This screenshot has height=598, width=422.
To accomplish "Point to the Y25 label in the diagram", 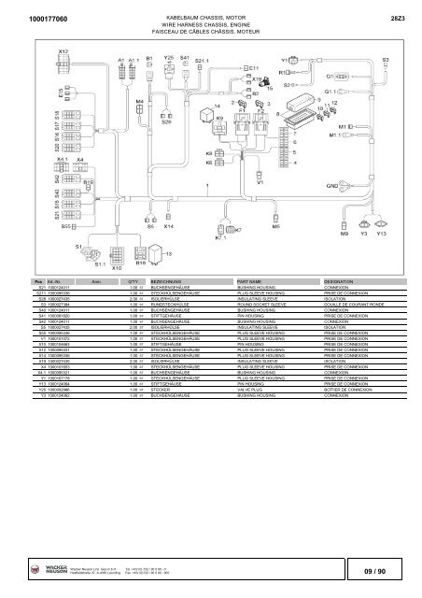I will point(168,57).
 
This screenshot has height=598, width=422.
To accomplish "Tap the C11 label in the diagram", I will point(252,68).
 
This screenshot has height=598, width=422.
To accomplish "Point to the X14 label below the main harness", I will point(168,226).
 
